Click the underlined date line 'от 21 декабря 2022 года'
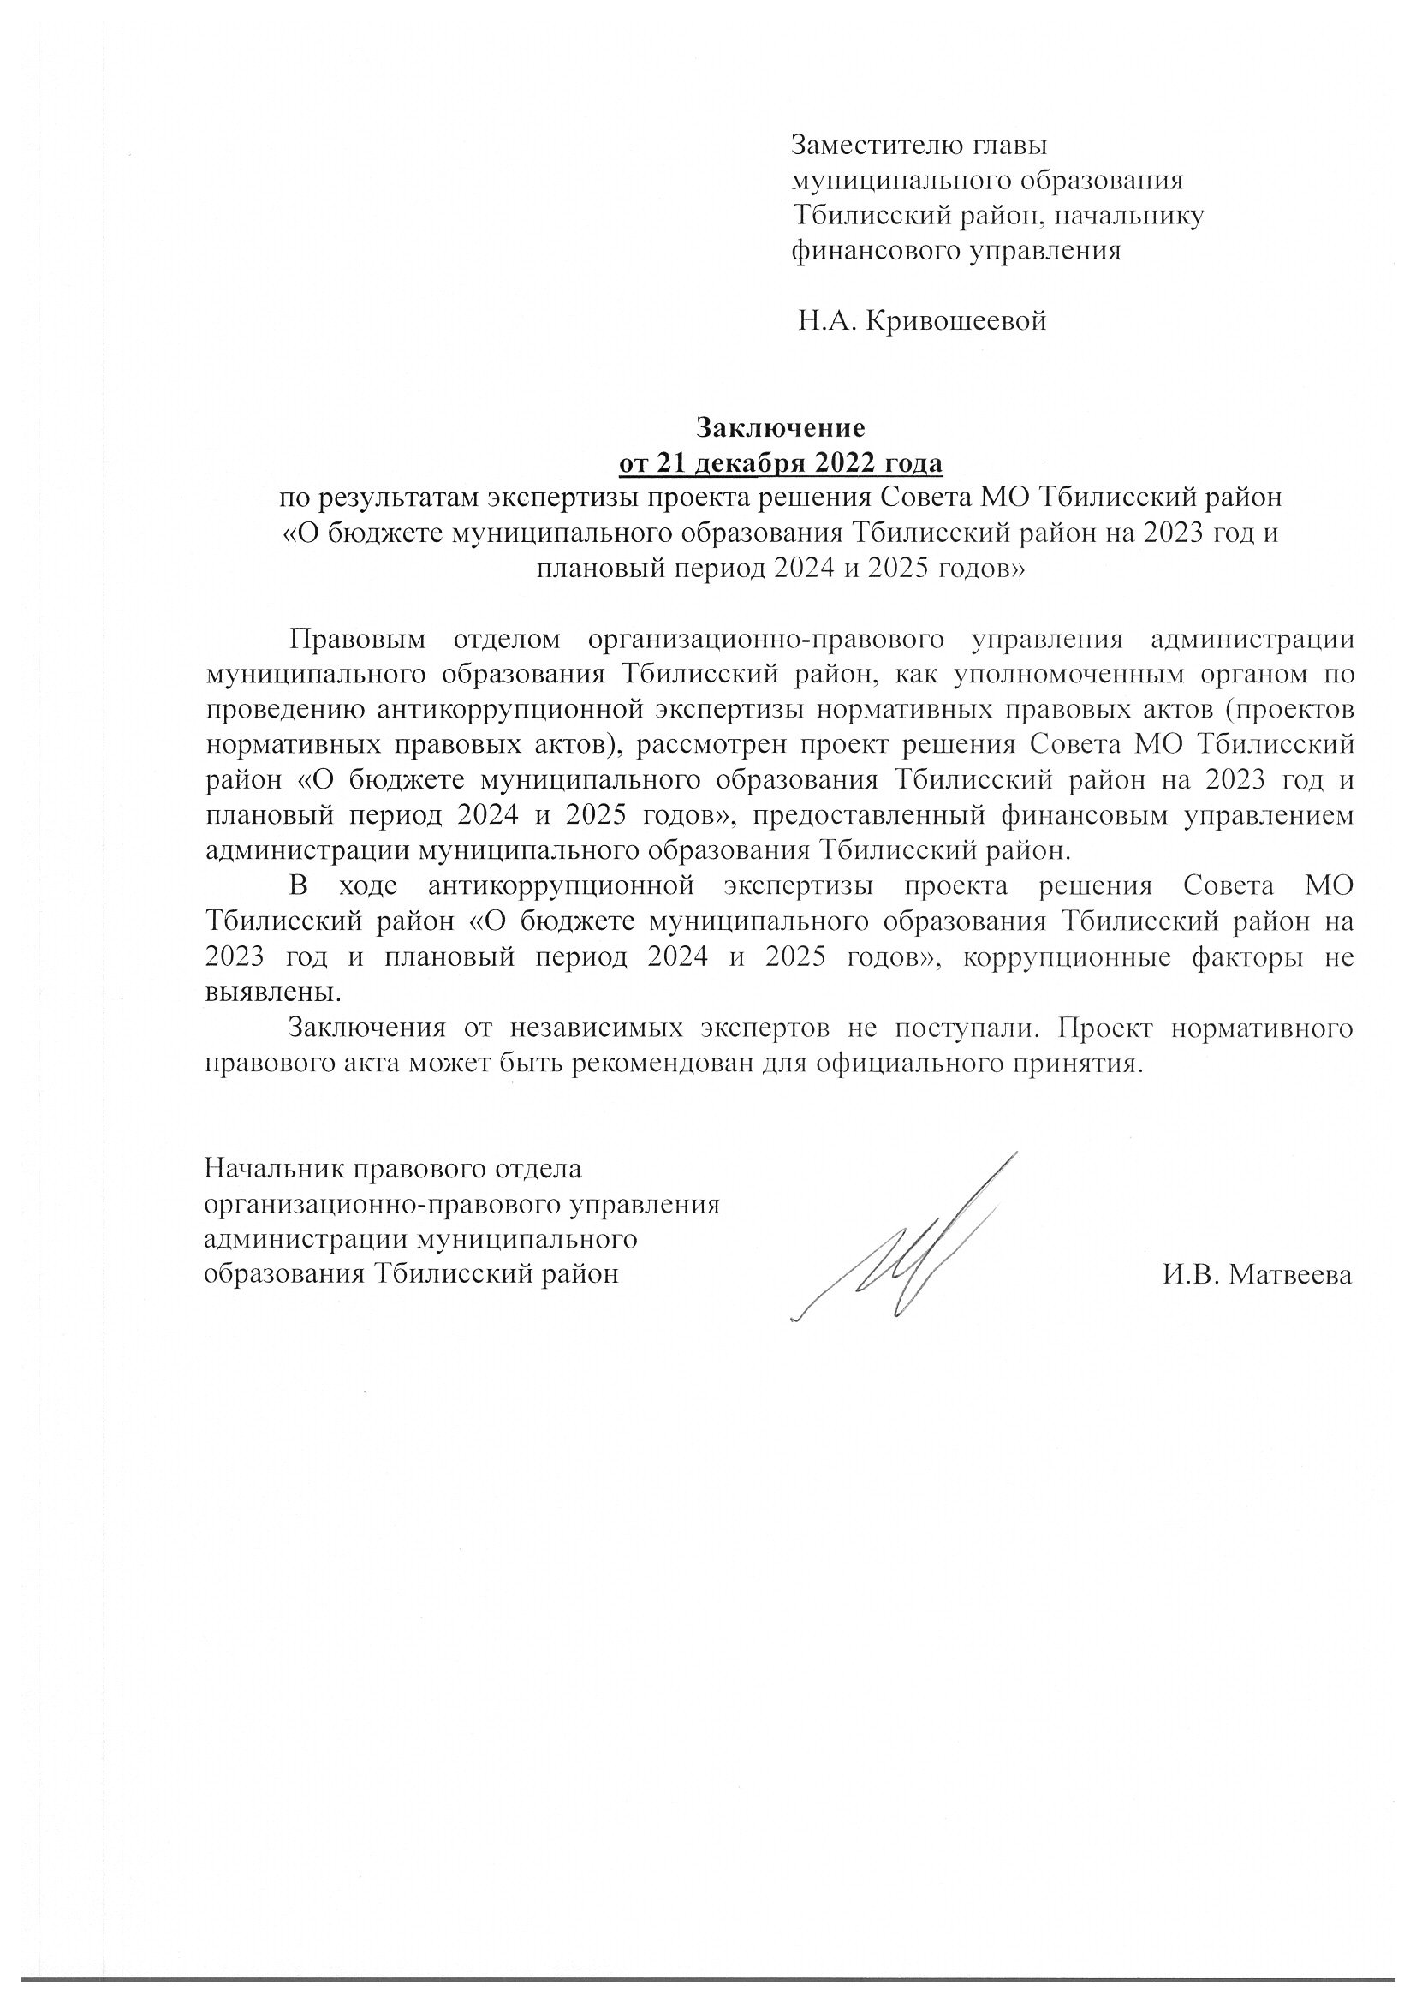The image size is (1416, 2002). point(781,463)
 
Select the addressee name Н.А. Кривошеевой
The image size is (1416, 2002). point(922,322)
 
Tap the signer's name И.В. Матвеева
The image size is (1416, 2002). point(1257,1275)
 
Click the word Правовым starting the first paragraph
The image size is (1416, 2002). point(358,639)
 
